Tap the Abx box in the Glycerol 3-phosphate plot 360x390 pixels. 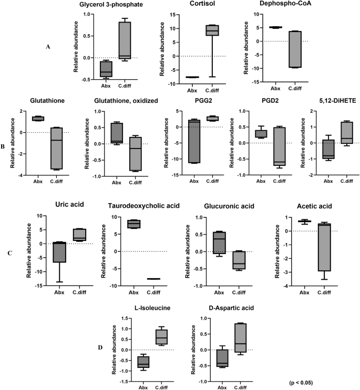pos(107,69)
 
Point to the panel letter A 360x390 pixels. pos(48,47)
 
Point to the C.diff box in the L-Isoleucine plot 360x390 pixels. pos(161,336)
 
